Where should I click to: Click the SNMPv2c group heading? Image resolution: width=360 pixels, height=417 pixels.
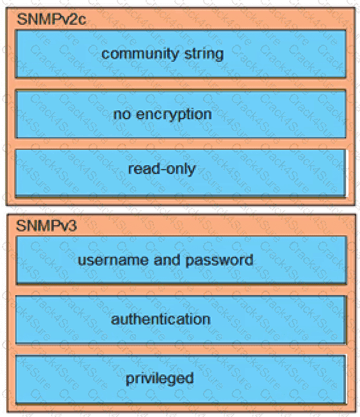(x=52, y=19)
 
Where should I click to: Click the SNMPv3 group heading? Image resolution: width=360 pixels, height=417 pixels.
(x=47, y=226)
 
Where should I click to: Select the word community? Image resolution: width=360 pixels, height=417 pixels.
(x=140, y=54)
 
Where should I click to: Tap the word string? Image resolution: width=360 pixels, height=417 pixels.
(x=204, y=54)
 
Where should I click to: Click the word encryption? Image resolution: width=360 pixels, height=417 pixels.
(x=174, y=115)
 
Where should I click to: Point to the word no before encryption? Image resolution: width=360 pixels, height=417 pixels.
(x=122, y=115)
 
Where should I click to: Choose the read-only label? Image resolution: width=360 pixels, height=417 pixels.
(x=162, y=168)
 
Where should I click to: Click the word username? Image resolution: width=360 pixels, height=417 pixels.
(x=113, y=260)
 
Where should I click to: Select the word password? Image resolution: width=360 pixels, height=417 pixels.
(x=219, y=260)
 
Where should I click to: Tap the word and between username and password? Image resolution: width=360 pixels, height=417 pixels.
(x=167, y=260)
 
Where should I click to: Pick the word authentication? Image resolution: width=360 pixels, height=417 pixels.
(x=161, y=319)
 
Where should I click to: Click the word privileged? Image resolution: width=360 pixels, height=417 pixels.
(x=160, y=379)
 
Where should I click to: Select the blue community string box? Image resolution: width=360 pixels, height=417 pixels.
(x=181, y=54)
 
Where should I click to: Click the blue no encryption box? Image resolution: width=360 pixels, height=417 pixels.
(x=181, y=114)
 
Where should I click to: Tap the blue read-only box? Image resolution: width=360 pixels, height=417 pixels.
(x=181, y=173)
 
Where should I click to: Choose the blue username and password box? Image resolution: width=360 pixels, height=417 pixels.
(x=181, y=260)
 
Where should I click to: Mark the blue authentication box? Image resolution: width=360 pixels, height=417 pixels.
(x=181, y=319)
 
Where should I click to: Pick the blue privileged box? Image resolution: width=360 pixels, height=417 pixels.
(x=181, y=380)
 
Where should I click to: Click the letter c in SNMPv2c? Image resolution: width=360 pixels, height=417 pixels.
(x=82, y=21)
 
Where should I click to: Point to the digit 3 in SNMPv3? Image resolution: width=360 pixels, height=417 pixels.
(x=73, y=226)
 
